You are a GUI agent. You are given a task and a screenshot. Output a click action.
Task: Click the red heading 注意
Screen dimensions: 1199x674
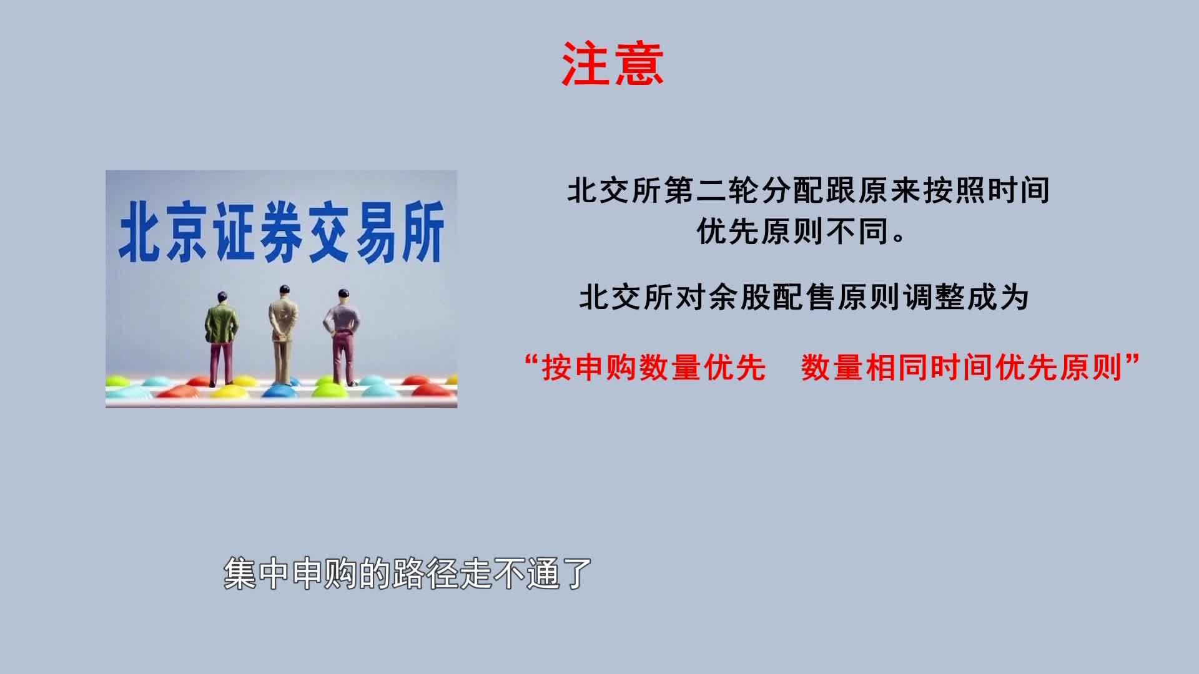pos(612,64)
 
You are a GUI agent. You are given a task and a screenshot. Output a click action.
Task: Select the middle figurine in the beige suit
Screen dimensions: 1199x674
pos(284,335)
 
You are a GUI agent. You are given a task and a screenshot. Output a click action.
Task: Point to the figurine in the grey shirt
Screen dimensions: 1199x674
pos(341,337)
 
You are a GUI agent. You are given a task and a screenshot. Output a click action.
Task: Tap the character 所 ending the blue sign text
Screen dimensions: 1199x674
pos(423,232)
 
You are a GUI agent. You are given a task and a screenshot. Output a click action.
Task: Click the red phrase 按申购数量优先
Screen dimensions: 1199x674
pos(654,368)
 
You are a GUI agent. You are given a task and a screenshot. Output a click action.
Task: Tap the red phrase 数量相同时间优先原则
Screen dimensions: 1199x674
pos(962,368)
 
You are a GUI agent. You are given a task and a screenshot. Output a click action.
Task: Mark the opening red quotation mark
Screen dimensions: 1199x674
pos(532,360)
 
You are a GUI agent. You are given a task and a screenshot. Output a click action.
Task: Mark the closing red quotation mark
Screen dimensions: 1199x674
pos(1132,360)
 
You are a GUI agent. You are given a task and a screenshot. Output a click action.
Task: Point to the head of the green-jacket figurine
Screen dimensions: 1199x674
pos(222,297)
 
